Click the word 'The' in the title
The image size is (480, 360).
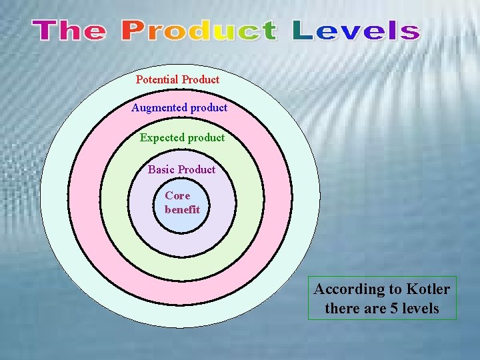[x=69, y=31]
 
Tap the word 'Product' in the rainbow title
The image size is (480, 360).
[x=199, y=31]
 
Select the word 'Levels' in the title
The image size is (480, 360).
[x=356, y=31]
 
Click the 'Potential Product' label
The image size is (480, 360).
[x=177, y=79]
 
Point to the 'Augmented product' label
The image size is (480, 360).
[x=179, y=107]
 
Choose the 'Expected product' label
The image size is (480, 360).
[x=182, y=137]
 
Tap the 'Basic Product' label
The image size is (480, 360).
[x=181, y=169]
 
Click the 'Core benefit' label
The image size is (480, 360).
[x=181, y=202]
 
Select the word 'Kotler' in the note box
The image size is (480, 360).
[x=427, y=289]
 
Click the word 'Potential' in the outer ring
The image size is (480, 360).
[x=157, y=79]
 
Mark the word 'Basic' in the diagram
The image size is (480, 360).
[x=161, y=169]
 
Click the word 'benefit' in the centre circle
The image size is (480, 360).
[x=182, y=209]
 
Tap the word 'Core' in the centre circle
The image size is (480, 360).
[x=177, y=195]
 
